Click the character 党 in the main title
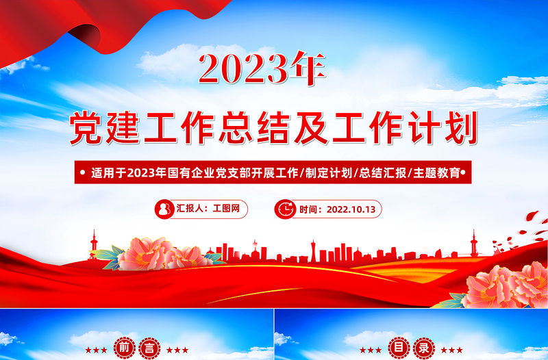click(90, 129)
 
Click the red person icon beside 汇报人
click(165, 209)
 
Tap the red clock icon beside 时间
click(285, 209)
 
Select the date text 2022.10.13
click(351, 209)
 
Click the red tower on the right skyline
click(473, 244)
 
